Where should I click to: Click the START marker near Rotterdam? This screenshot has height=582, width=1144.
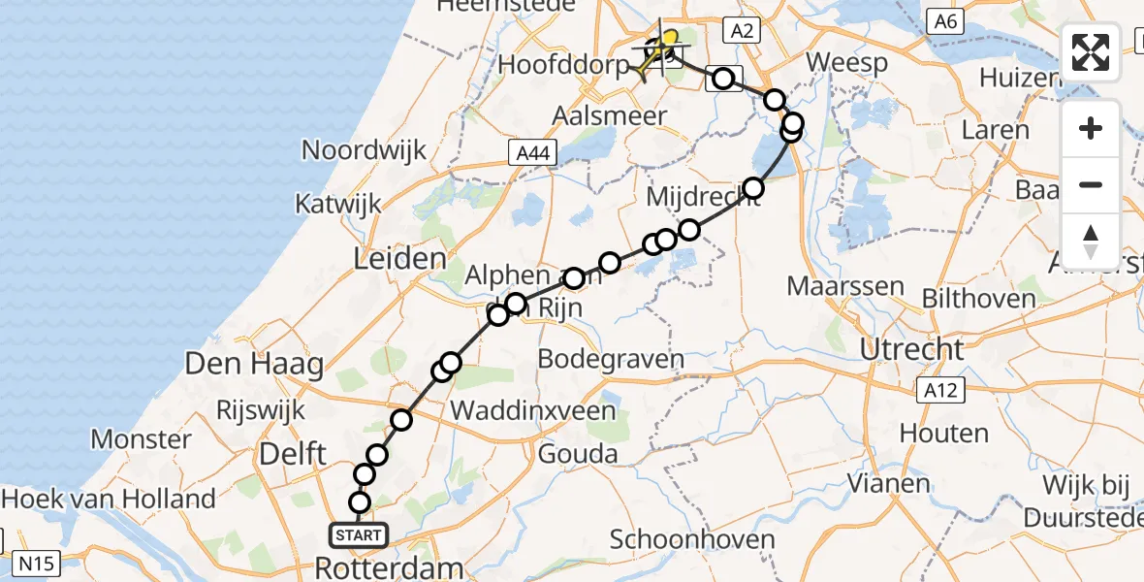[359, 534]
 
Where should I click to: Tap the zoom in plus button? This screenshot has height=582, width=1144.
[1091, 128]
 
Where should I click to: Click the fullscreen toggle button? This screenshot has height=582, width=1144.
[1091, 52]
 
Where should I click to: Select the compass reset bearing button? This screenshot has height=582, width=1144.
[1091, 241]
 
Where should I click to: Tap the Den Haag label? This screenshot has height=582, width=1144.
[254, 366]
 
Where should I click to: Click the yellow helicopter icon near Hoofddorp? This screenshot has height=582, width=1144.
[658, 49]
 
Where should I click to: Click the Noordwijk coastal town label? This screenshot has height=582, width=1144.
[364, 149]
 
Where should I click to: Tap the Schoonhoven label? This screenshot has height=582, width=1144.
[693, 539]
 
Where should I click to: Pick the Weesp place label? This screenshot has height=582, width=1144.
[846, 63]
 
